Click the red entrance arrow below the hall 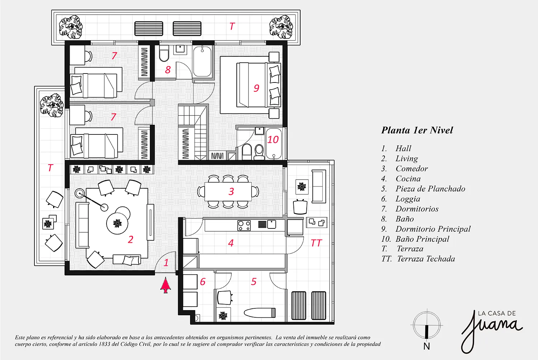[166, 285]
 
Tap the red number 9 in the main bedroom [256, 88]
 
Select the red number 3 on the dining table [231, 191]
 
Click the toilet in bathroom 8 [164, 53]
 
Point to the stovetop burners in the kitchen [244, 226]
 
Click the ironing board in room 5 [260, 313]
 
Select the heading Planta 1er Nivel [417, 130]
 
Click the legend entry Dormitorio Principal [433, 229]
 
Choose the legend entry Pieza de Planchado [430, 189]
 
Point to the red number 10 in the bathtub [273, 139]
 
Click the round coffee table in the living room [117, 223]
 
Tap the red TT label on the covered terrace [316, 243]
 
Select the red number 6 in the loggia [203, 282]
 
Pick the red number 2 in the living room [131, 240]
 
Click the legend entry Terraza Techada [426, 259]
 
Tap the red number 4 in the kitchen [231, 243]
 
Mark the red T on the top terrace [232, 26]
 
